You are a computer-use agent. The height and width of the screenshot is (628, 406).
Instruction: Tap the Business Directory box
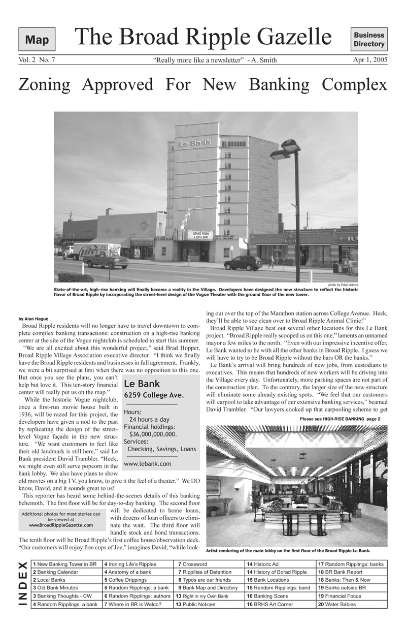click(x=369, y=40)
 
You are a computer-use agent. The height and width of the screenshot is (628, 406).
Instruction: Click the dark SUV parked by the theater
click(x=243, y=263)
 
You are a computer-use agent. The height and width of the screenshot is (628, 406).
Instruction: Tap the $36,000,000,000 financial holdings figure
click(x=153, y=434)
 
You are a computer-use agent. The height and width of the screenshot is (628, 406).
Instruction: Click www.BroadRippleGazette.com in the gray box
click(x=61, y=525)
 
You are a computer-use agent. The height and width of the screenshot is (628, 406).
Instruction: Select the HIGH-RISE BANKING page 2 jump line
click(x=340, y=419)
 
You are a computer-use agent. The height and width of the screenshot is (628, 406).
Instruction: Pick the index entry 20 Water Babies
click(x=336, y=605)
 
